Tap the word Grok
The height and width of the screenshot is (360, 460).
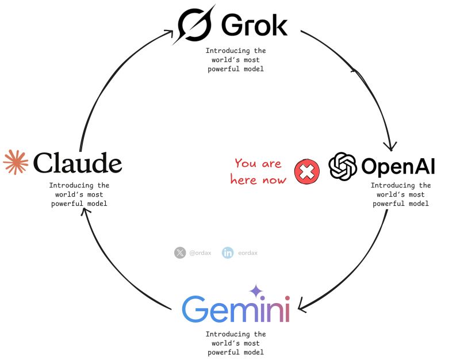click(254, 25)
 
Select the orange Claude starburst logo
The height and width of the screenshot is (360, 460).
click(16, 162)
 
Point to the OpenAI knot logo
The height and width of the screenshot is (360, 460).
click(343, 167)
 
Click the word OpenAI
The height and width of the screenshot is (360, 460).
click(398, 167)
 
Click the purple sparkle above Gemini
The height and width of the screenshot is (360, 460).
click(255, 292)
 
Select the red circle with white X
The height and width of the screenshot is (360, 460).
click(307, 171)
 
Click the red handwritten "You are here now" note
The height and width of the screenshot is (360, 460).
click(258, 171)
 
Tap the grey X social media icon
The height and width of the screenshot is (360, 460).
click(180, 252)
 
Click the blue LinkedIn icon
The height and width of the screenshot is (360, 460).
click(228, 252)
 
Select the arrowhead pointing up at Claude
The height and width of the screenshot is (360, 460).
click(85, 212)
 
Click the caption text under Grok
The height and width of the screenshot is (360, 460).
click(236, 60)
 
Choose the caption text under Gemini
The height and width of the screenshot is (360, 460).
click(236, 343)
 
